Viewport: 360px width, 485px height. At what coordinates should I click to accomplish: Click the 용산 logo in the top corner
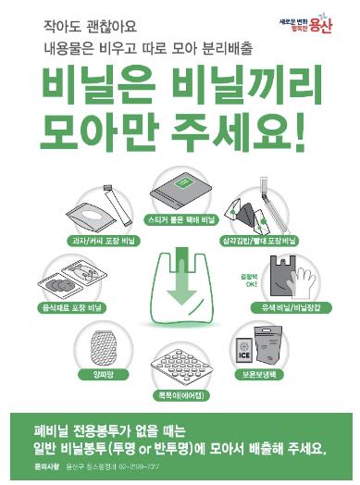[314, 24]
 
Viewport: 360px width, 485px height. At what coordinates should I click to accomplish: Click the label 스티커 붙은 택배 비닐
[180, 222]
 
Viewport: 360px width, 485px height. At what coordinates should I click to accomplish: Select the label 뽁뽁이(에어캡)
[182, 392]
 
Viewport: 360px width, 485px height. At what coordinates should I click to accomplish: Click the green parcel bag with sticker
[180, 192]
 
